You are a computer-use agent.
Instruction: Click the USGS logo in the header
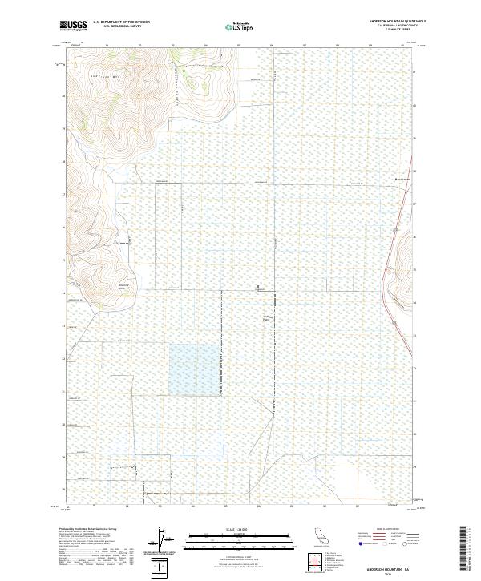click(73, 26)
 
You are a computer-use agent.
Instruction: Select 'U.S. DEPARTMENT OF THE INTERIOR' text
click(121, 22)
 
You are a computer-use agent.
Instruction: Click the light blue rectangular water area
click(193, 369)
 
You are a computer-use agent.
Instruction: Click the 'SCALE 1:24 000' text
click(240, 530)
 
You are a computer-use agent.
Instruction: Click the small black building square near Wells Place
click(257, 286)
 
